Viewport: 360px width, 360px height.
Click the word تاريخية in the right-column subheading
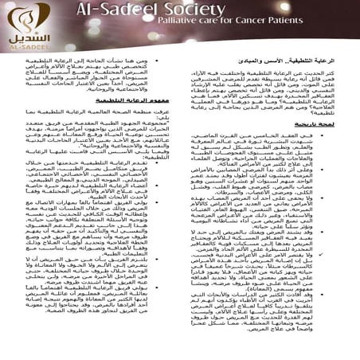319,126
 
